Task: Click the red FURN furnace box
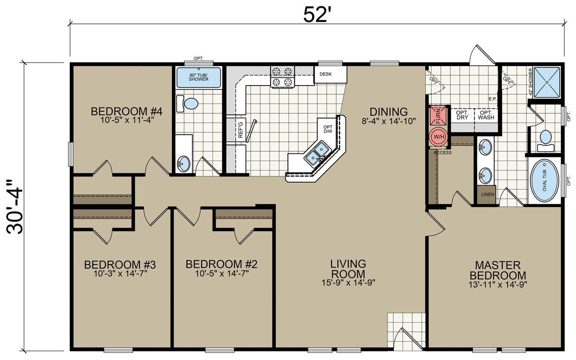pos(438,115)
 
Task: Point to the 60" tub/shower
pos(199,78)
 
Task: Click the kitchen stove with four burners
pos(282,76)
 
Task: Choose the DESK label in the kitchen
pos(325,74)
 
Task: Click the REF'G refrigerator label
pos(240,130)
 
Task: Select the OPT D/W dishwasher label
pos(328,129)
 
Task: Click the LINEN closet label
pos(488,194)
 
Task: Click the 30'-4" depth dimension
pos(15,207)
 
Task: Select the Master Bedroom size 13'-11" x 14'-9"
pos(498,285)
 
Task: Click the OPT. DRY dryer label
pos(462,115)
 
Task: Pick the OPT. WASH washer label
pos(486,115)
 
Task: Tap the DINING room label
pos(388,112)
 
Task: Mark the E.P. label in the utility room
pos(493,99)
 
